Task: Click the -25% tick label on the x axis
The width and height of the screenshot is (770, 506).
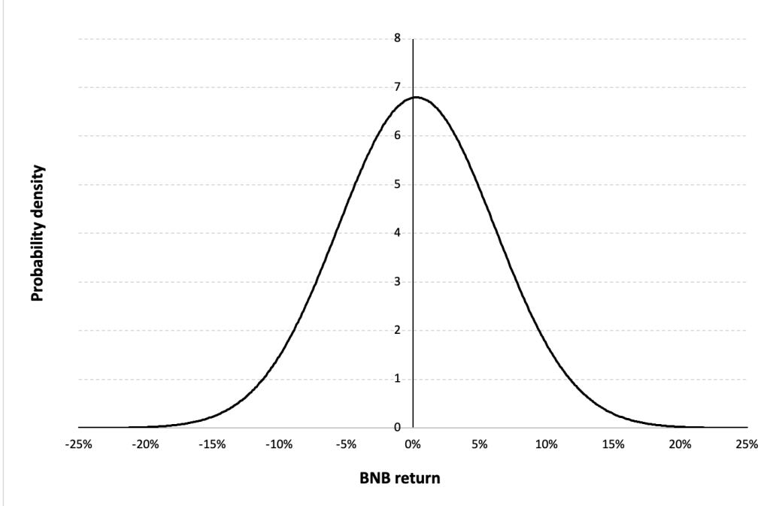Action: (78, 444)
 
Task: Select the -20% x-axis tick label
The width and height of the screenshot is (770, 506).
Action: (145, 444)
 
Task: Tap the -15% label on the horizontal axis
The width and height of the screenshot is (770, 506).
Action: (212, 444)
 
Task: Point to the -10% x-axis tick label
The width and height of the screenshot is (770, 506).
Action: (279, 444)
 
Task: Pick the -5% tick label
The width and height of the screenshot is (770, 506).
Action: (346, 444)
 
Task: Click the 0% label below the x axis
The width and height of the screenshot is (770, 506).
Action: (413, 444)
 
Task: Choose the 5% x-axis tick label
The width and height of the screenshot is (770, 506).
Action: (480, 444)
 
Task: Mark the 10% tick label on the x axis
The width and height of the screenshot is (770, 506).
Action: (547, 444)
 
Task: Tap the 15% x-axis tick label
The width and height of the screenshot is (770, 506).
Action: (614, 444)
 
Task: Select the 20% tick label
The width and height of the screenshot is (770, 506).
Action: (681, 444)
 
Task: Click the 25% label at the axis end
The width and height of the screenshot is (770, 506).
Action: (747, 444)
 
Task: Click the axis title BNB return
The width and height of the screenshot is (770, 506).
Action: (412, 480)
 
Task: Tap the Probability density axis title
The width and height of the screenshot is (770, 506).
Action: (35, 233)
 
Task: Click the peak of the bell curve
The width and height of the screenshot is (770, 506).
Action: (416, 97)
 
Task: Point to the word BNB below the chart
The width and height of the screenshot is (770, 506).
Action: (388, 480)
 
